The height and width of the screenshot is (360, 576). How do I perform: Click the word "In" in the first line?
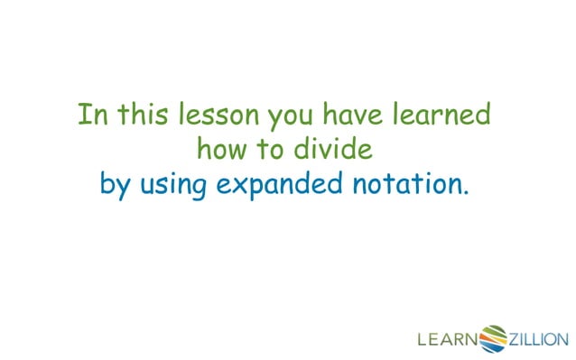(x=91, y=115)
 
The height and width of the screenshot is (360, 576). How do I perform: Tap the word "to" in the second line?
(x=272, y=150)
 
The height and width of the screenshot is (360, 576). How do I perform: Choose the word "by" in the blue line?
(x=116, y=187)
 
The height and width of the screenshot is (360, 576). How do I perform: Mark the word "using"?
(x=172, y=187)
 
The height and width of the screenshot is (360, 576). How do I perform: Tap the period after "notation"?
(x=467, y=192)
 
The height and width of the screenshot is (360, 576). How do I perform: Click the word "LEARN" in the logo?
(x=447, y=340)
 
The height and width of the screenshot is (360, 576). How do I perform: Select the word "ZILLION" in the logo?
(x=539, y=340)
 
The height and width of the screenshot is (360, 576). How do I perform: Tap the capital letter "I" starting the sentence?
(x=83, y=115)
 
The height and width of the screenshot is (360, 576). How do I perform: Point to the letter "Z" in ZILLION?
(x=516, y=340)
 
